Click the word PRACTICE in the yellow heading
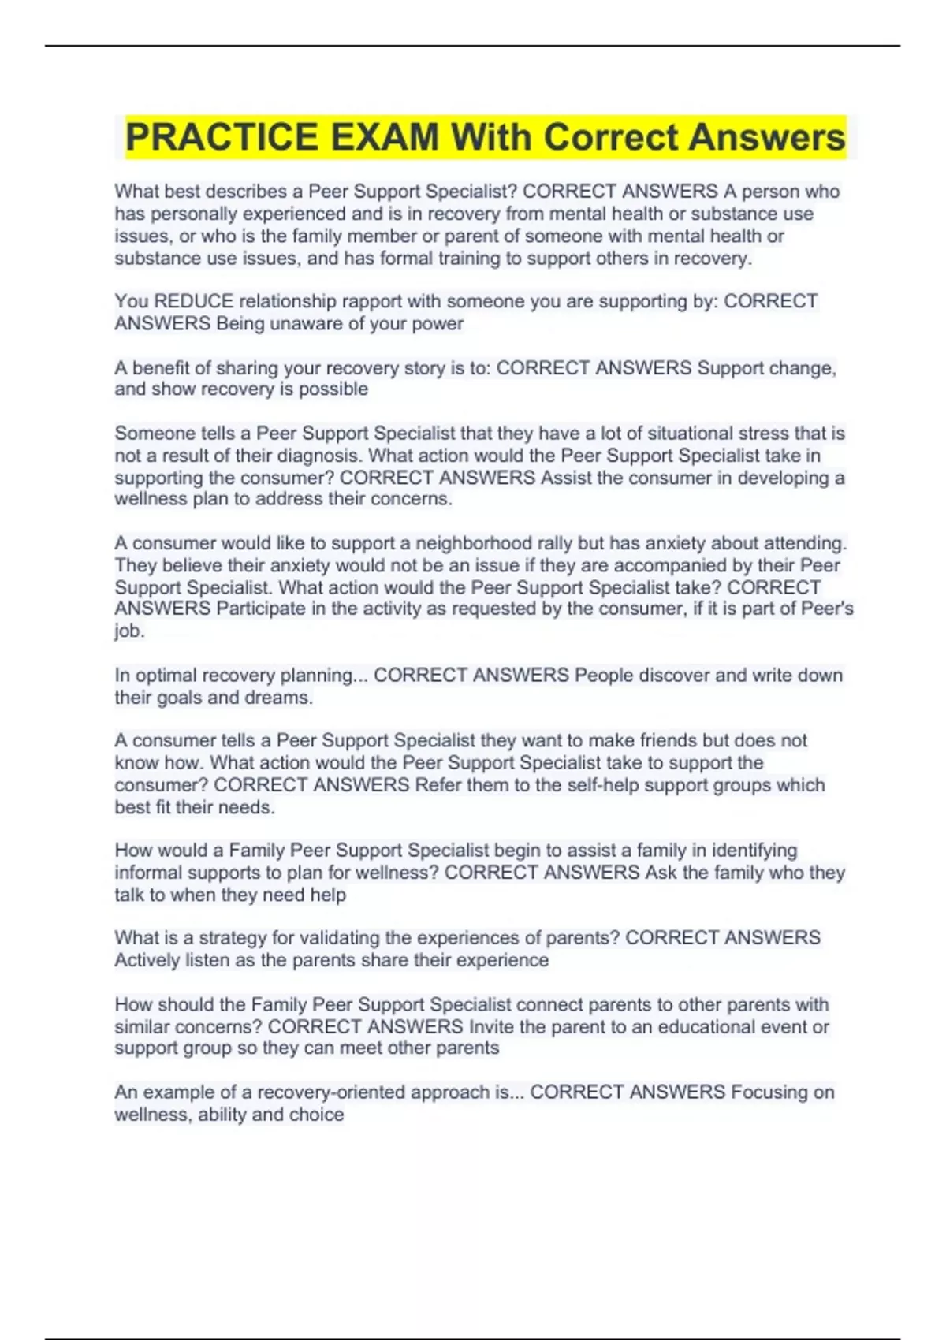coord(222,137)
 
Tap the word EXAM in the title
coord(384,137)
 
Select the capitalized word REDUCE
coord(194,301)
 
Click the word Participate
coord(263,609)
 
